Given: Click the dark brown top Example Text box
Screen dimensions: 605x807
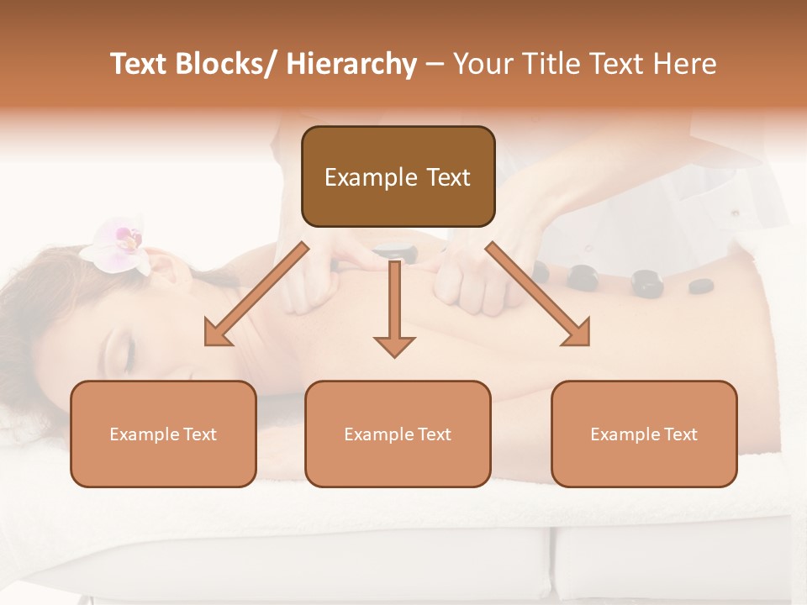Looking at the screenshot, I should pos(398,176).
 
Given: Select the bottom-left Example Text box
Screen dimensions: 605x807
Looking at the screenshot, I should pos(163,434).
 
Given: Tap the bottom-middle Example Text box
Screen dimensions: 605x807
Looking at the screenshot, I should pos(398,434).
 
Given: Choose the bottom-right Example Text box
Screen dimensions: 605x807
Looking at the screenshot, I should pos(644,434).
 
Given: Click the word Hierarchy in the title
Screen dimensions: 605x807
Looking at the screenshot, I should pos(351,65).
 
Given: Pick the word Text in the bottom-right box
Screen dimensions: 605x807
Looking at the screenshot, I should pos(680,434).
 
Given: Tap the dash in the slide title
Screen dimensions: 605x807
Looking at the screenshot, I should pos(435,65).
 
